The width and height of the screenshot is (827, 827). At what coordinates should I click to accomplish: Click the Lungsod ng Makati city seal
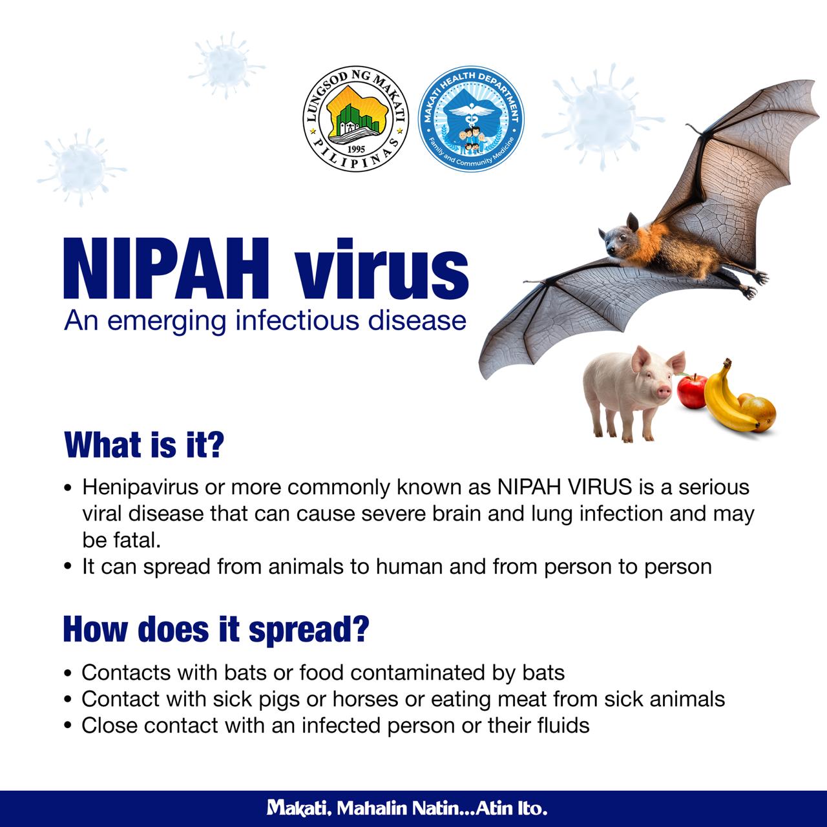pyautogui.click(x=356, y=120)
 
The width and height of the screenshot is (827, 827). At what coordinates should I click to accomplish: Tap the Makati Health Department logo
pyautogui.click(x=471, y=119)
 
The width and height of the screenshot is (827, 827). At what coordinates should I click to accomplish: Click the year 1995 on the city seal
pyautogui.click(x=356, y=149)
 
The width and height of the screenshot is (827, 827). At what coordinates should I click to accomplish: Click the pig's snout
pyautogui.click(x=664, y=392)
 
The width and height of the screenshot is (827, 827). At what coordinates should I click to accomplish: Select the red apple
pyautogui.click(x=692, y=390)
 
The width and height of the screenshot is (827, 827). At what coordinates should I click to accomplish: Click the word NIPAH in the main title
pyautogui.click(x=165, y=269)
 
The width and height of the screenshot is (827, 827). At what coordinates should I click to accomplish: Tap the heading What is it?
pyautogui.click(x=144, y=445)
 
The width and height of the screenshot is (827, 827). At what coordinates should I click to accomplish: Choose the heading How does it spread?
pyautogui.click(x=216, y=629)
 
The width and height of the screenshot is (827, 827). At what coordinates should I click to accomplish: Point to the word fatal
pyautogui.click(x=140, y=540)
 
